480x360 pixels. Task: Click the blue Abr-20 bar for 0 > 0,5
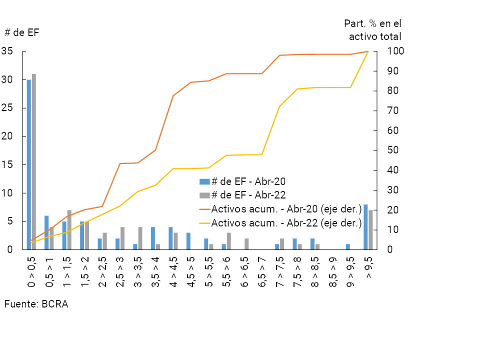(29, 165)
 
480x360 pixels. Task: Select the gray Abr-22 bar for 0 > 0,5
(34, 162)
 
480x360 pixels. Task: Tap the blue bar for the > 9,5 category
(365, 227)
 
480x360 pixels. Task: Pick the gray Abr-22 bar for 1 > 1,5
(69, 230)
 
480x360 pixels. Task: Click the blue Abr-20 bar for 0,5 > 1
(46, 232)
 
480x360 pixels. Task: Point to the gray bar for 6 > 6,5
(246, 244)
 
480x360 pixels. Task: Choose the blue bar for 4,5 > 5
(188, 241)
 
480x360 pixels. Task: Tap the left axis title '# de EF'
(21, 32)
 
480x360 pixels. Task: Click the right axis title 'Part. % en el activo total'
(373, 29)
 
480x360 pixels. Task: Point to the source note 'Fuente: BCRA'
(36, 304)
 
